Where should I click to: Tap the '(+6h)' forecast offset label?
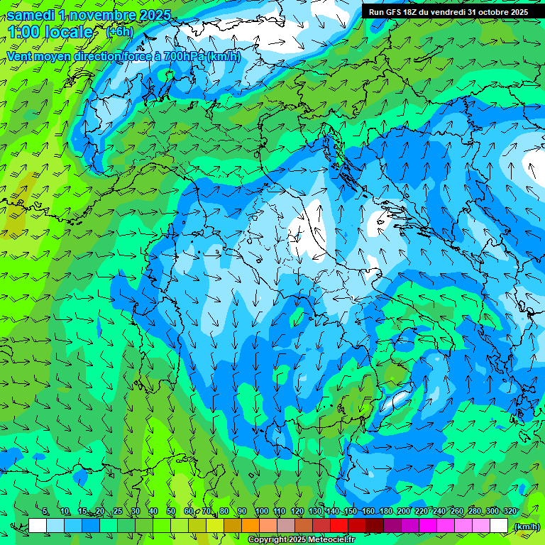click(119, 31)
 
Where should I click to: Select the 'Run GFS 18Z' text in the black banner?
click(396, 12)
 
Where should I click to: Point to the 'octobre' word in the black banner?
click(486, 12)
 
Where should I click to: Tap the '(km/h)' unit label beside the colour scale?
click(526, 527)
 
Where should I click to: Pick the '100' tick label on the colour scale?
click(261, 511)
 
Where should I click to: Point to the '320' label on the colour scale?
click(510, 511)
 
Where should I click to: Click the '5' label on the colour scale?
click(45, 511)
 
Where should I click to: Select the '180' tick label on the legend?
click(385, 511)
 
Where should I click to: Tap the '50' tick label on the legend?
click(171, 511)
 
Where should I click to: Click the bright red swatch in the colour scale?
click(339, 526)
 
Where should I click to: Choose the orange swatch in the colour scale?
click(251, 526)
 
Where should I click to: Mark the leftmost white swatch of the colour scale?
click(38, 526)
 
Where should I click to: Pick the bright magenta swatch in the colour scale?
click(428, 526)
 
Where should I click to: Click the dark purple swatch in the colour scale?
click(392, 526)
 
